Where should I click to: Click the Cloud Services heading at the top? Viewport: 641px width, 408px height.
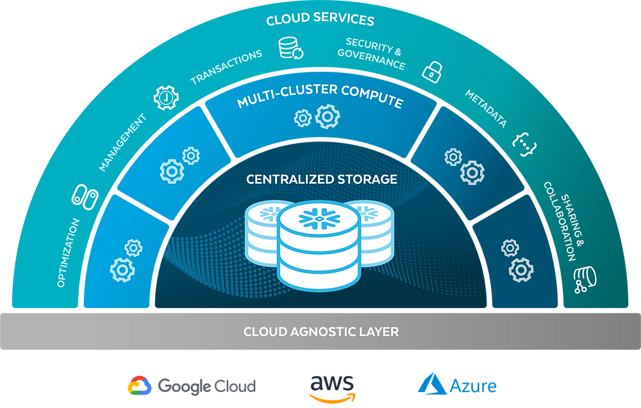(x=320, y=20)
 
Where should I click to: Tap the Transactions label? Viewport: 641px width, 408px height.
(x=226, y=67)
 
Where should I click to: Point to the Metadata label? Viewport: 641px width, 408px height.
(x=486, y=109)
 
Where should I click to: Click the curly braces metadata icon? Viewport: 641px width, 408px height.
(x=524, y=145)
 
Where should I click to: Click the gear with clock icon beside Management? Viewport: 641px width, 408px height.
(x=165, y=97)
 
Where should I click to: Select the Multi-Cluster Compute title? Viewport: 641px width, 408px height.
(x=320, y=95)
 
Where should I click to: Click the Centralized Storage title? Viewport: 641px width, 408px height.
(x=322, y=179)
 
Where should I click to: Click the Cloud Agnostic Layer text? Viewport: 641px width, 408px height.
(x=321, y=332)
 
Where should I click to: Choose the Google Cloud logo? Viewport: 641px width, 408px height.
(x=192, y=386)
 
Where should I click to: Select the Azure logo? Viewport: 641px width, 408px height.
(x=457, y=385)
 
